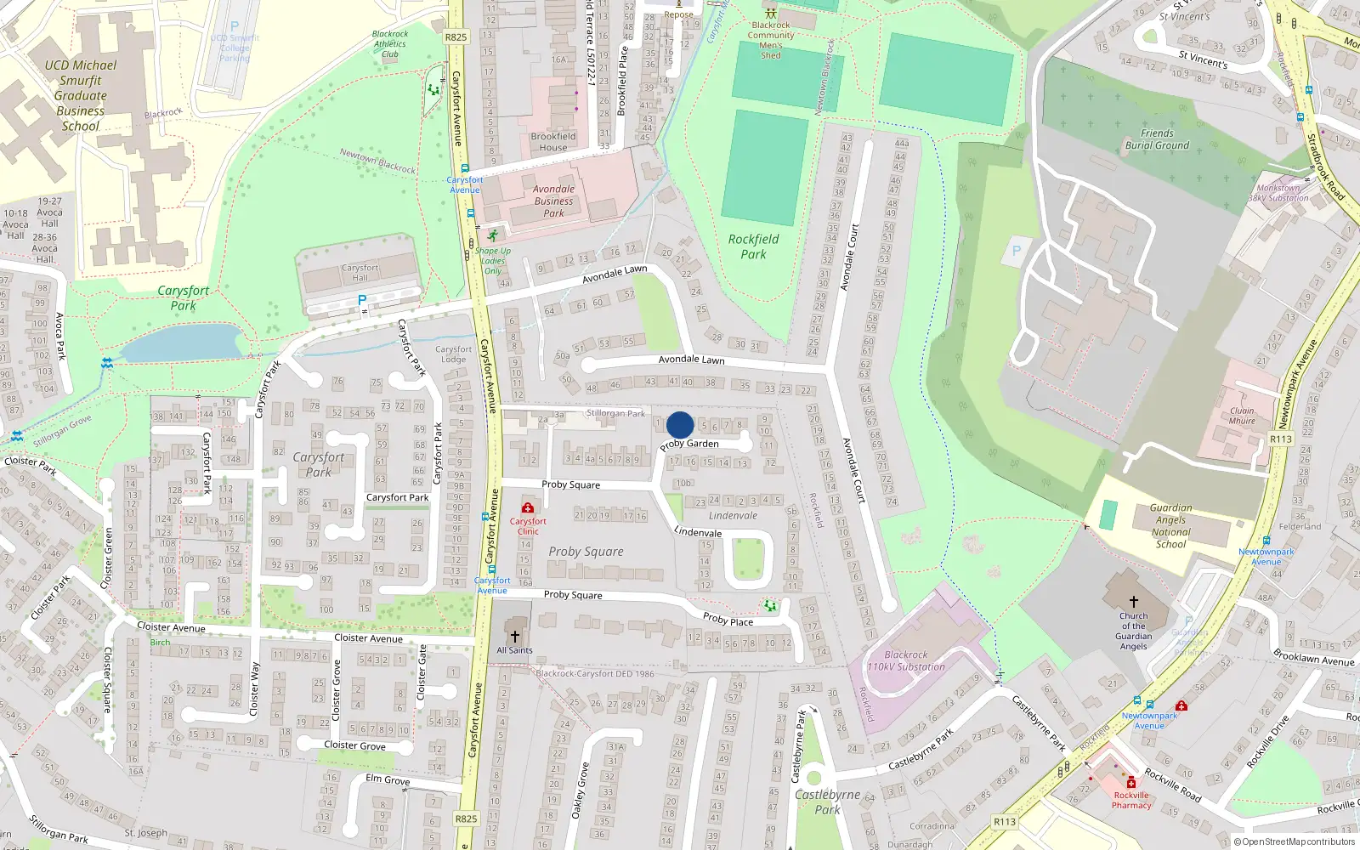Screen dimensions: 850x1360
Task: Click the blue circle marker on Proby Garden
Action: pyautogui.click(x=680, y=425)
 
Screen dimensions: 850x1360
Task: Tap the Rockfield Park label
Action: pyautogui.click(x=753, y=246)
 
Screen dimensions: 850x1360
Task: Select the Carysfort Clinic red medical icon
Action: pyautogui.click(x=528, y=508)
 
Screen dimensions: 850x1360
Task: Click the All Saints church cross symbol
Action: pyautogui.click(x=514, y=637)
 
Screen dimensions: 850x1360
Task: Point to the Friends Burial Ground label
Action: pyautogui.click(x=1157, y=139)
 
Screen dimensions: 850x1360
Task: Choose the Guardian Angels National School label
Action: pyautogui.click(x=1170, y=526)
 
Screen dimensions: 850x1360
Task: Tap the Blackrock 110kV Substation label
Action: pyautogui.click(x=906, y=661)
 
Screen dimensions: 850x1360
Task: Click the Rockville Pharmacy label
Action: pyautogui.click(x=1131, y=801)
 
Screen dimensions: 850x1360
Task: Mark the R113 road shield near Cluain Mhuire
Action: pyautogui.click(x=1280, y=439)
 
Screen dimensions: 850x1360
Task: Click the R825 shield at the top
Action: pyautogui.click(x=456, y=37)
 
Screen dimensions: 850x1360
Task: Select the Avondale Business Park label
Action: pyautogui.click(x=554, y=201)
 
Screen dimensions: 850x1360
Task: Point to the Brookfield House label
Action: pyautogui.click(x=553, y=142)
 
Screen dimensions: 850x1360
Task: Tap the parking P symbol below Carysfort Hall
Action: pyautogui.click(x=362, y=300)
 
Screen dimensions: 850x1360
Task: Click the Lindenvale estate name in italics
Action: pyautogui.click(x=733, y=516)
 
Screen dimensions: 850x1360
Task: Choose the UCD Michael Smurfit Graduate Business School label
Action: pyautogui.click(x=81, y=95)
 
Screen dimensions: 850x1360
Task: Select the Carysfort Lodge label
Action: pyautogui.click(x=453, y=354)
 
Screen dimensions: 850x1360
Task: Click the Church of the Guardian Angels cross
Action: pyautogui.click(x=1133, y=602)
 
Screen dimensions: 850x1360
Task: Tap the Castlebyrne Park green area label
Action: pyautogui.click(x=828, y=802)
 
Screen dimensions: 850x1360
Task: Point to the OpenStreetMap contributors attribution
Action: pyautogui.click(x=1294, y=842)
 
